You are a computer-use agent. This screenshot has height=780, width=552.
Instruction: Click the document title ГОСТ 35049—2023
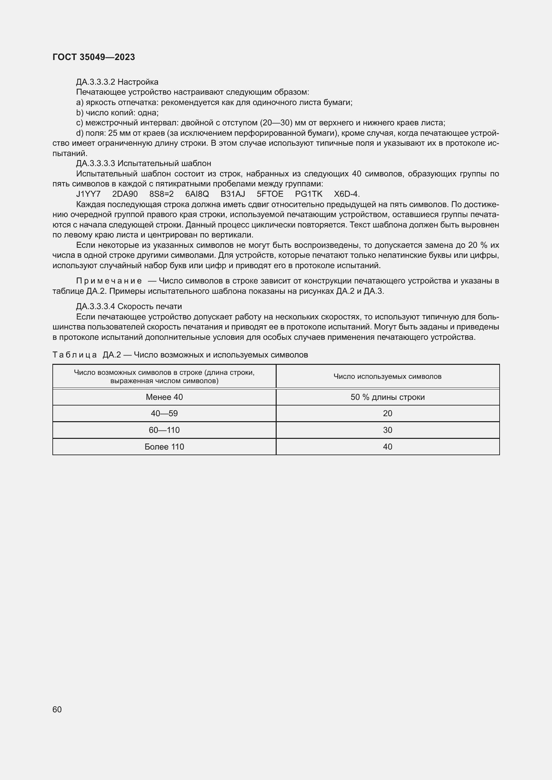[94, 57]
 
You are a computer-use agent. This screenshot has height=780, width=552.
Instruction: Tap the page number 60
[57, 709]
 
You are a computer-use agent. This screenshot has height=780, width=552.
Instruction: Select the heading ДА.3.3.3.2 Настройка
[117, 82]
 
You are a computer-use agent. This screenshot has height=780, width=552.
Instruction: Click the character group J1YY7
[88, 194]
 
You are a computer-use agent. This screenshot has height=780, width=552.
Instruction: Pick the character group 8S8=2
[162, 194]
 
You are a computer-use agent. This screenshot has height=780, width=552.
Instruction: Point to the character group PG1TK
[309, 194]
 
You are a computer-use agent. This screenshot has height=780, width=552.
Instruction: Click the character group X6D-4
[346, 194]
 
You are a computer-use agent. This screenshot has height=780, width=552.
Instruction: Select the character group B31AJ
[233, 194]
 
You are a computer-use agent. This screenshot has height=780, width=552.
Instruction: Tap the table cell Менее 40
[164, 397]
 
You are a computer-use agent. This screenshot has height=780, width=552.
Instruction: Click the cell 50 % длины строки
[387, 397]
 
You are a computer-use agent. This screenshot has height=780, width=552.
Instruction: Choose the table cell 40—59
[164, 414]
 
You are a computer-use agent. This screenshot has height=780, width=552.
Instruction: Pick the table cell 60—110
[164, 430]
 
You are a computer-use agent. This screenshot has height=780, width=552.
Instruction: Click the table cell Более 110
[164, 447]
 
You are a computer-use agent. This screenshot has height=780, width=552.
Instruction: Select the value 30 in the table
[387, 430]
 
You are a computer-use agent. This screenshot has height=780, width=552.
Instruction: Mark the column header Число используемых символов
[387, 376]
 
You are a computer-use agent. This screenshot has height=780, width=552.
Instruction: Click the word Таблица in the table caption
[75, 355]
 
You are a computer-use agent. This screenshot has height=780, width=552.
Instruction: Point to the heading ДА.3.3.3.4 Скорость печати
[129, 306]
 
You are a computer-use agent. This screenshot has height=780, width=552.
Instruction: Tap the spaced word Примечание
[109, 281]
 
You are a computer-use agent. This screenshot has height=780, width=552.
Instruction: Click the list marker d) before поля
[79, 133]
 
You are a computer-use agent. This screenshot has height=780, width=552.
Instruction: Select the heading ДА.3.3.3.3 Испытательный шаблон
[144, 163]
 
